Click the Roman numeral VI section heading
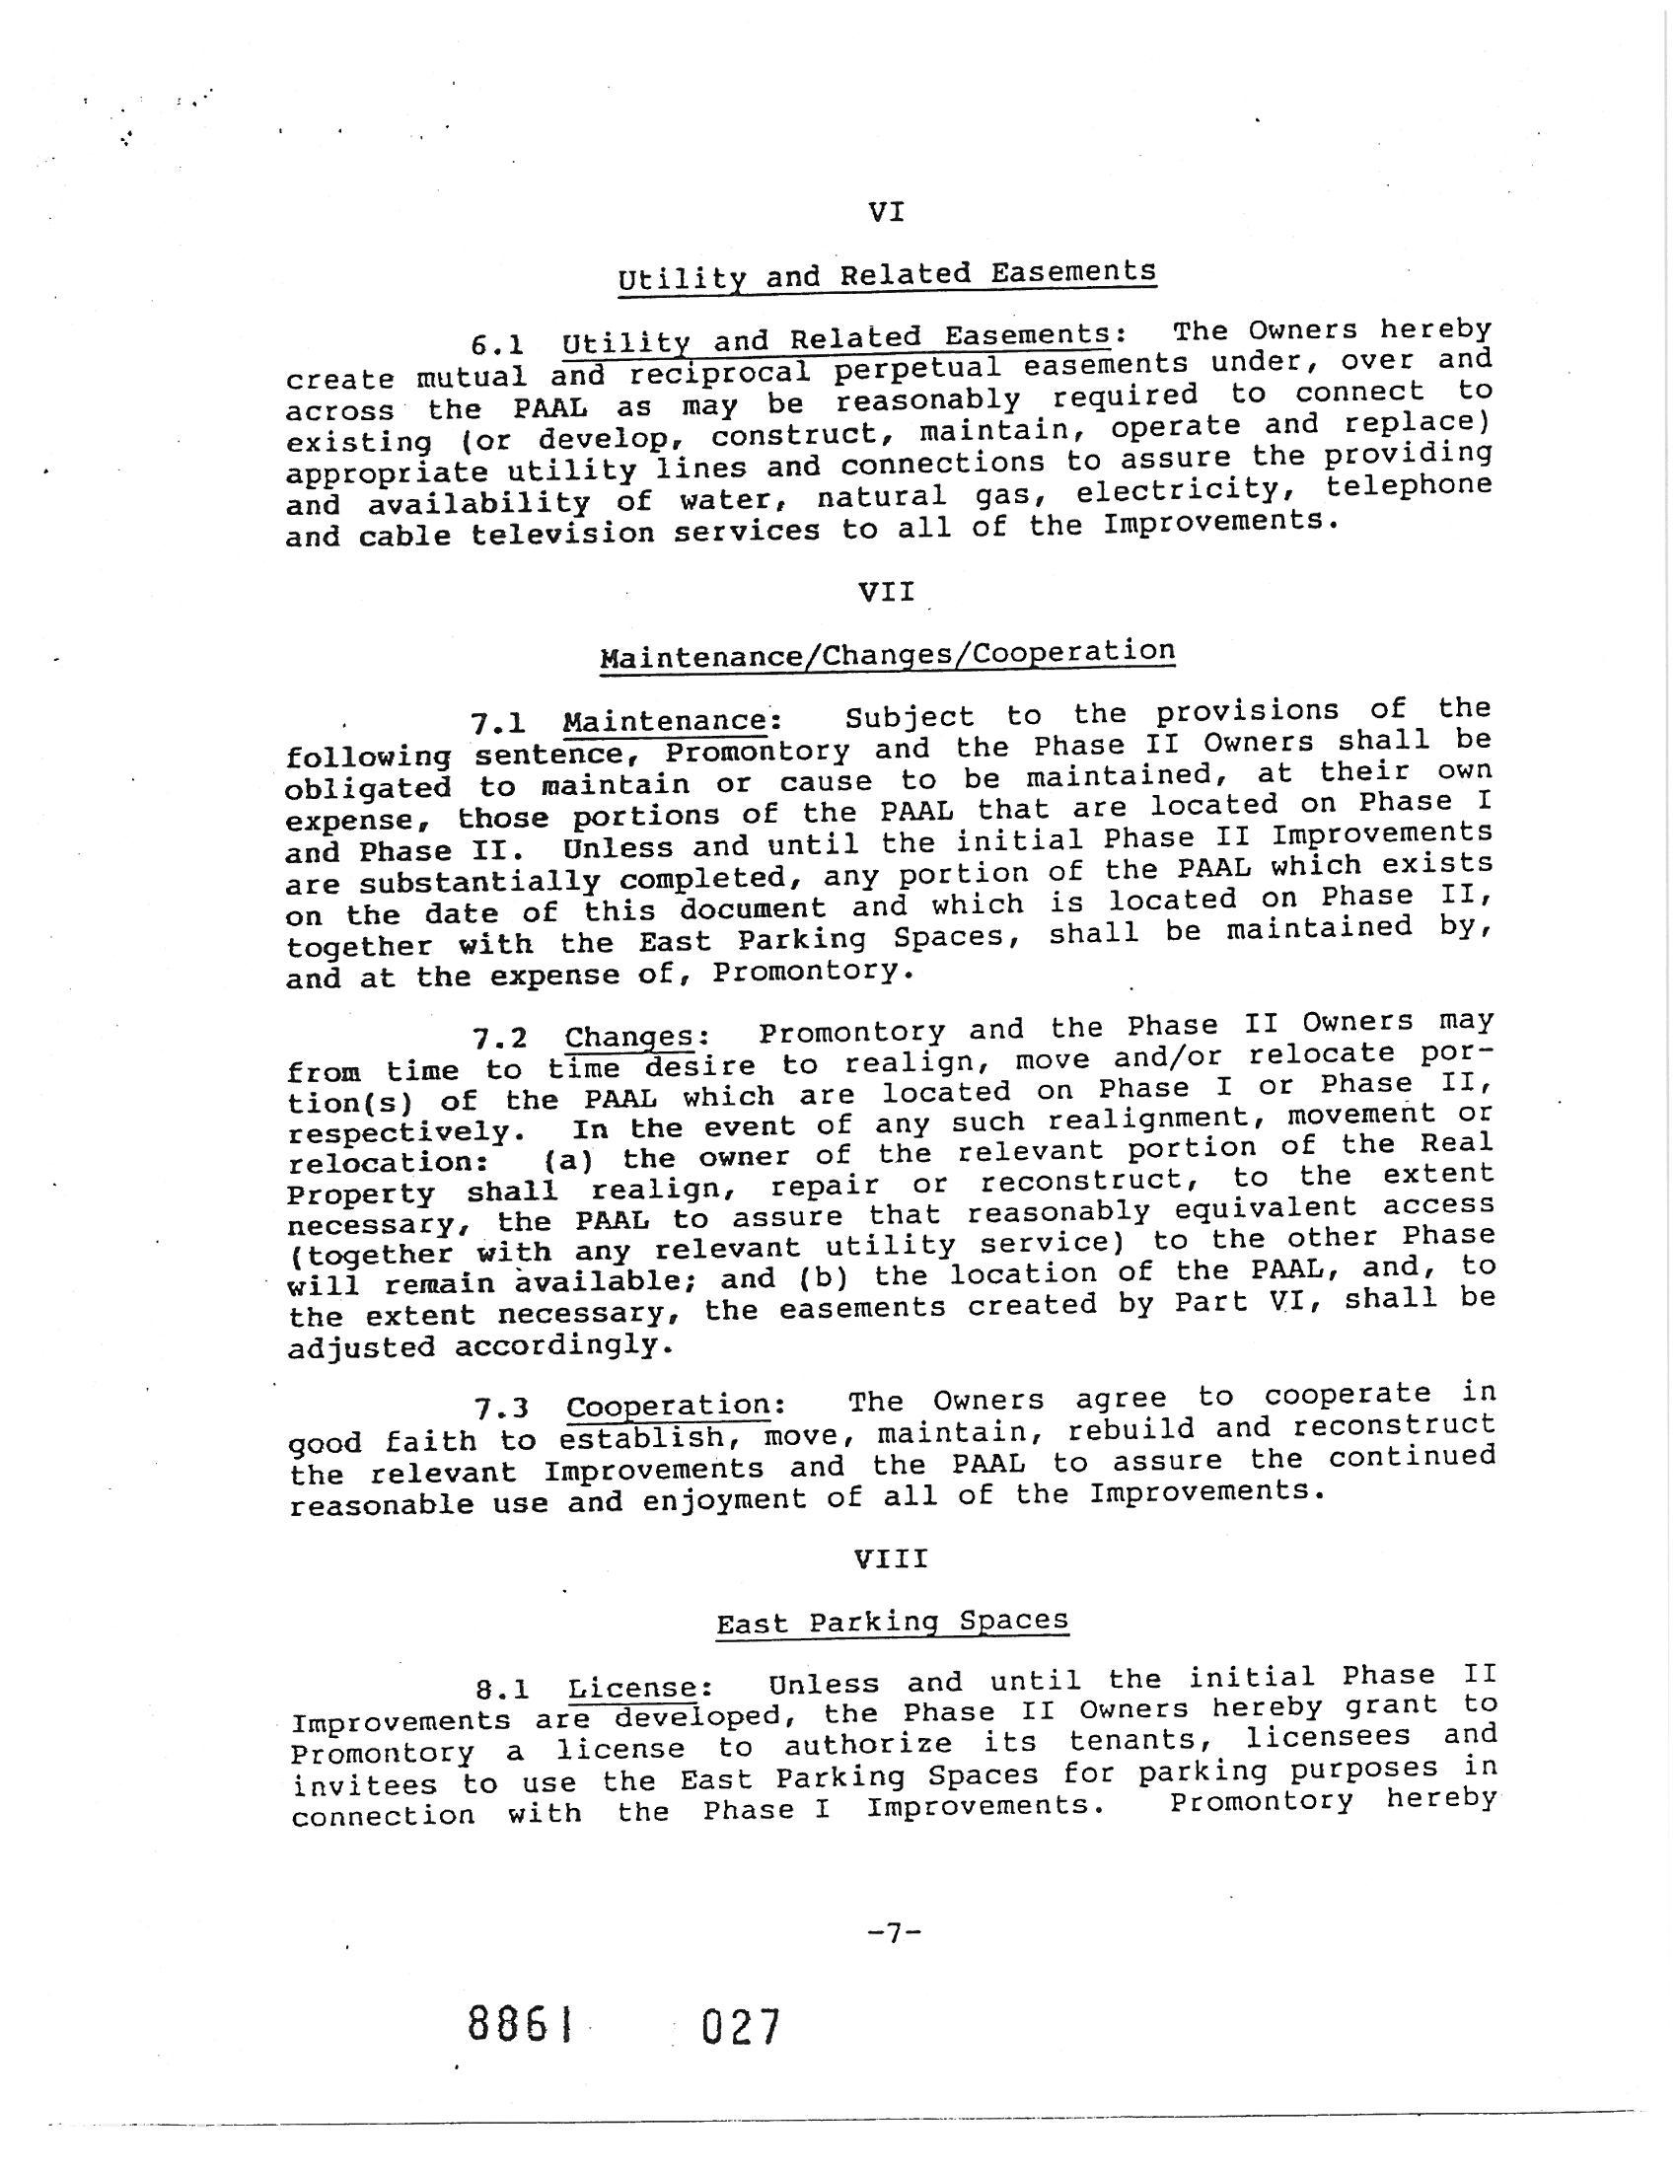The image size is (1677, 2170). point(885,212)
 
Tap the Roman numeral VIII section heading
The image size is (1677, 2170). point(891,1557)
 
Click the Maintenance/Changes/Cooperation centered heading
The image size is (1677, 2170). point(887,654)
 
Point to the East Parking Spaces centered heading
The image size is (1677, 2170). point(892,1623)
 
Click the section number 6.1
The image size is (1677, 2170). point(498,345)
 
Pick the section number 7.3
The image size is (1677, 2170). point(501,1409)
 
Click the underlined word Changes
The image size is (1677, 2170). point(630,1038)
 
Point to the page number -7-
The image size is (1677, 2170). point(894,1932)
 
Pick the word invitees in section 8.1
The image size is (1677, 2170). point(365,1784)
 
